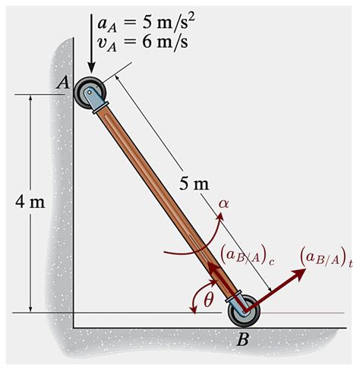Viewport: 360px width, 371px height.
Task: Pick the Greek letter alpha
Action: point(223,203)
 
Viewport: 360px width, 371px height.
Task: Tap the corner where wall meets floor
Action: point(73,327)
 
